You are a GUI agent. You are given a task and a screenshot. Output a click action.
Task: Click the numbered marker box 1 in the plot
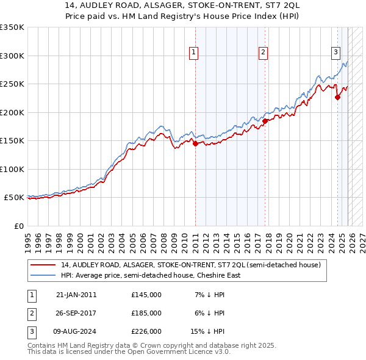(x=193, y=52)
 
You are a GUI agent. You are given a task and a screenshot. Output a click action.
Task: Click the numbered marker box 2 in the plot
(x=263, y=52)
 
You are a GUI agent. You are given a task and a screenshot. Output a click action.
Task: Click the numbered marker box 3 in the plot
(x=335, y=52)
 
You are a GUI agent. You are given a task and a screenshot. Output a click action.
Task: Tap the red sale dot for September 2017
(x=265, y=121)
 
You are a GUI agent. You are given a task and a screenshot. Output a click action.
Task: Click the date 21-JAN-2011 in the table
(x=76, y=294)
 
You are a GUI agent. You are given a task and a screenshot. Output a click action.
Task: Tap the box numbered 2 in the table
(x=31, y=313)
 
